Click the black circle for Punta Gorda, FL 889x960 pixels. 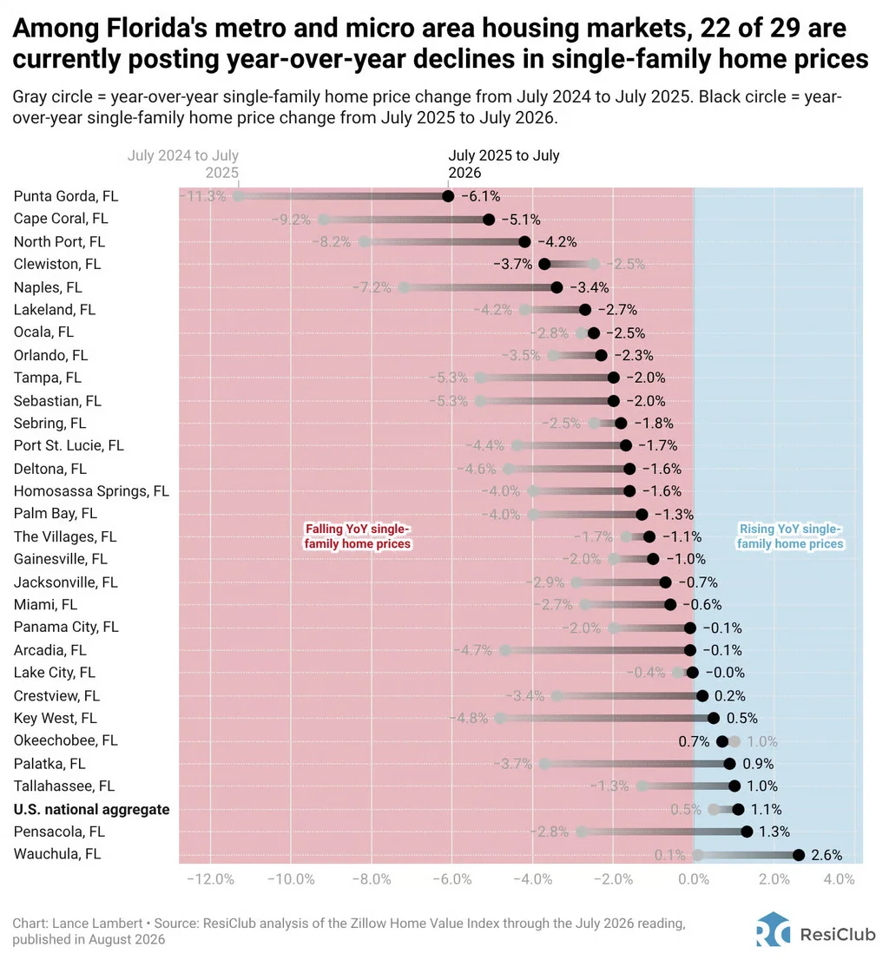[x=448, y=196]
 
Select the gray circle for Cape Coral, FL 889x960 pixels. [x=324, y=220]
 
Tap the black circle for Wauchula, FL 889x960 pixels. [x=799, y=855]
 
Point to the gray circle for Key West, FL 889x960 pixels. [x=500, y=718]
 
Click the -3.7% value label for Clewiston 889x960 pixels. [x=512, y=265]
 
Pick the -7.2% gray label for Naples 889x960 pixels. [x=372, y=288]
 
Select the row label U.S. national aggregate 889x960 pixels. [x=91, y=809]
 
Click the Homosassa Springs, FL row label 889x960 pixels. [x=91, y=491]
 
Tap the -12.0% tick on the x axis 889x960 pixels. [x=211, y=879]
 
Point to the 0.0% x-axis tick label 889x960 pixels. [x=694, y=879]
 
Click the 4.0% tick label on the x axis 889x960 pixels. [x=839, y=879]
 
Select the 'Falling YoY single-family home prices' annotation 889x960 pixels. [x=358, y=536]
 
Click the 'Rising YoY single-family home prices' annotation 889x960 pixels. [x=790, y=536]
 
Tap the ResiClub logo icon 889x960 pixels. [x=773, y=930]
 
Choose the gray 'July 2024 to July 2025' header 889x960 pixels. [x=183, y=164]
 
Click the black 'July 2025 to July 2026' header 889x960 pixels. [x=504, y=164]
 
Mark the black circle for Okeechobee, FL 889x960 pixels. [x=722, y=741]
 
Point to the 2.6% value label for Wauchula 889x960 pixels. [x=826, y=855]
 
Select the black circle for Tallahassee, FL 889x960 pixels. [x=734, y=786]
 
